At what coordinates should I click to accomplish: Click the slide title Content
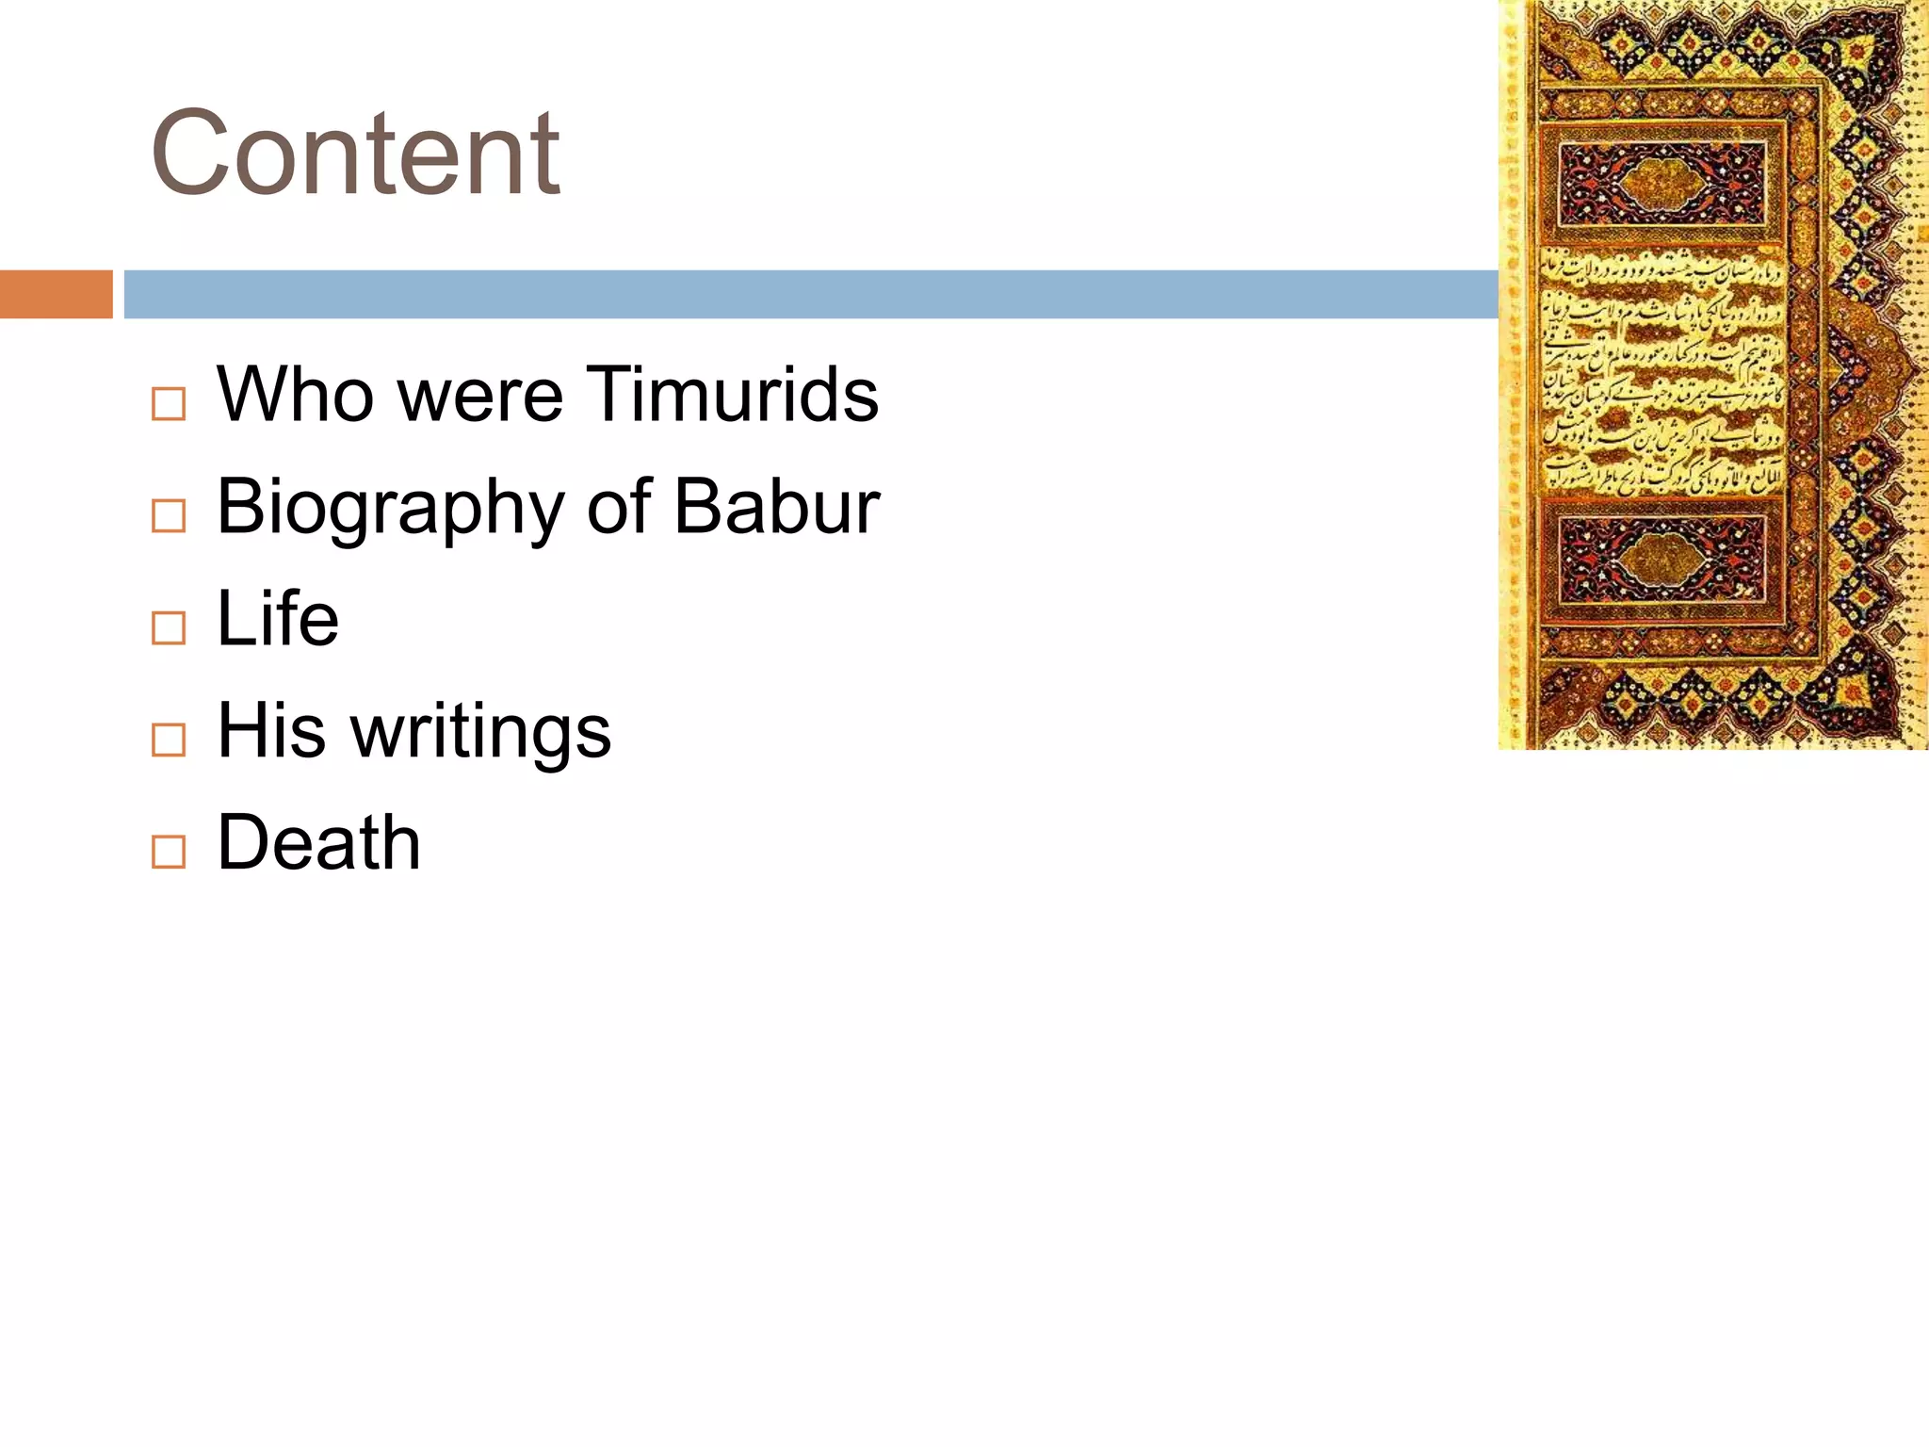click(x=355, y=153)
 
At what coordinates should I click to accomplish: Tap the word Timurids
click(x=732, y=394)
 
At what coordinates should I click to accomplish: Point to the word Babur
click(x=777, y=507)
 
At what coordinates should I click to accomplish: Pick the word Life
click(x=278, y=619)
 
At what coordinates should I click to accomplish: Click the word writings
click(x=480, y=732)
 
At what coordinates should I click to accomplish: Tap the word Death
click(x=318, y=843)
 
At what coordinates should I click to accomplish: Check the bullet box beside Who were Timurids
click(x=169, y=404)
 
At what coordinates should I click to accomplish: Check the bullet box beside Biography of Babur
click(x=169, y=516)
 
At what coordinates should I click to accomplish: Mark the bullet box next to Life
click(x=169, y=628)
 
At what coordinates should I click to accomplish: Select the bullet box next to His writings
click(x=169, y=740)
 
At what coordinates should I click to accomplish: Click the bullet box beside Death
click(x=169, y=853)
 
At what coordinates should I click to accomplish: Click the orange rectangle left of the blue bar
click(x=56, y=294)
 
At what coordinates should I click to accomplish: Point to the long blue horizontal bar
click(x=810, y=294)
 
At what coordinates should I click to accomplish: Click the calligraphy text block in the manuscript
click(x=1662, y=372)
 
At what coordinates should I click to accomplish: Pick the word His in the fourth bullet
click(x=272, y=732)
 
